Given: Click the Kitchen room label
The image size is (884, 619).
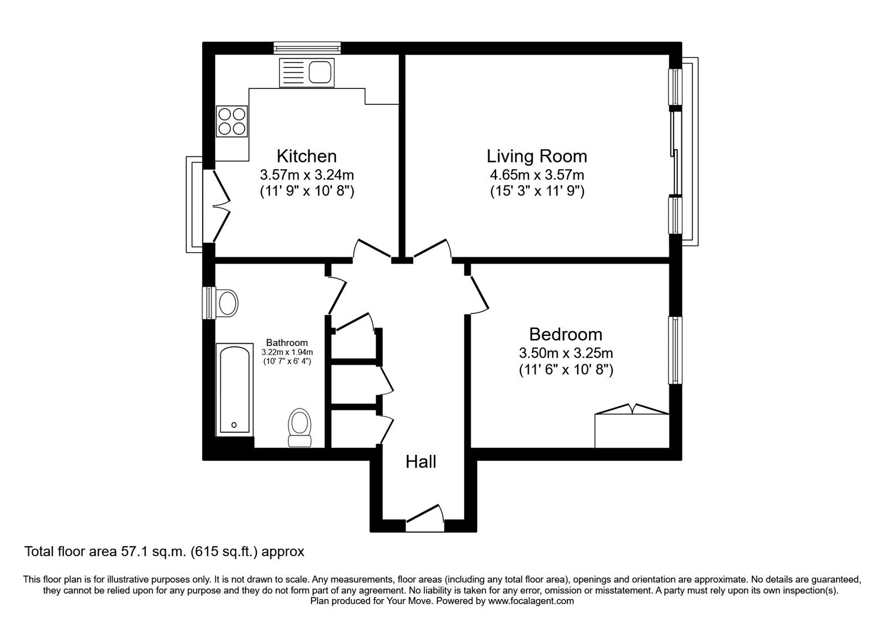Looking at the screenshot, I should point(307,156).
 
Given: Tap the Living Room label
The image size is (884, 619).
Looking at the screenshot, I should point(536,156).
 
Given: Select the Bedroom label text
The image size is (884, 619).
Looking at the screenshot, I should point(565,334).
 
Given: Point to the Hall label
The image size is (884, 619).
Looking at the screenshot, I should point(421,461).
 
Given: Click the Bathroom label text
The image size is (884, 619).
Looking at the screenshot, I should point(287,343).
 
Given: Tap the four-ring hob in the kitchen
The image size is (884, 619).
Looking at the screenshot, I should point(232,122).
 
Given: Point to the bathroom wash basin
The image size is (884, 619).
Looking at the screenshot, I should point(227,302).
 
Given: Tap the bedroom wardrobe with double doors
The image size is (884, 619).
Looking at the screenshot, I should point(632,428).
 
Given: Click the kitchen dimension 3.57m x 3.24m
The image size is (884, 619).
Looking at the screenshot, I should point(307,175).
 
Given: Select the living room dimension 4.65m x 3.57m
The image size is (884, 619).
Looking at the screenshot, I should point(536,175).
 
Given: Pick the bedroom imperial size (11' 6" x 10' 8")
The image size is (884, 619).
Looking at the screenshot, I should point(565,369).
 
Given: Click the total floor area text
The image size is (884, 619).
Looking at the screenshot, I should point(164,551).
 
